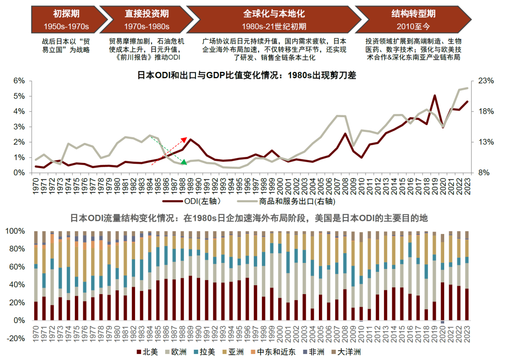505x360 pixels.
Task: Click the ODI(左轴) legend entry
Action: [x=191, y=202]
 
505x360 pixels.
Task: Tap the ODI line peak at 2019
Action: [x=435, y=96]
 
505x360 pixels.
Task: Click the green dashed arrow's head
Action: [x=185, y=163]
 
